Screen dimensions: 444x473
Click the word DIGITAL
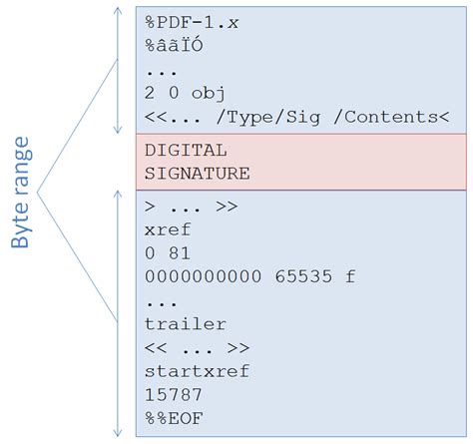[186, 151]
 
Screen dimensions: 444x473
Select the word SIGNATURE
[197, 173]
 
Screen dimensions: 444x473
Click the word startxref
[197, 371]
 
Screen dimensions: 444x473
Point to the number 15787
[171, 394]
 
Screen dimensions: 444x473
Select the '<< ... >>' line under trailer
[197, 347]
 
